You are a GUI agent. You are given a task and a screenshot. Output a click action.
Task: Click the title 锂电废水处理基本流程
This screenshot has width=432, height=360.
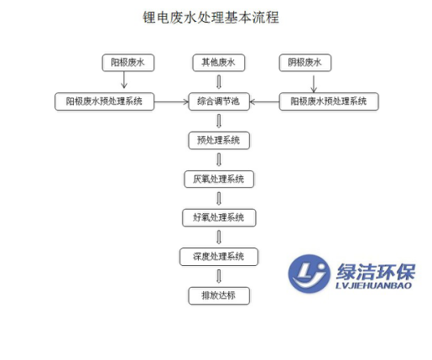point(211,18)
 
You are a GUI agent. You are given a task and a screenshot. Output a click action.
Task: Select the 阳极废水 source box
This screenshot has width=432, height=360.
point(128,63)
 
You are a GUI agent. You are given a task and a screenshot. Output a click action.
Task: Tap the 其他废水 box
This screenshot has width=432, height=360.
point(219,63)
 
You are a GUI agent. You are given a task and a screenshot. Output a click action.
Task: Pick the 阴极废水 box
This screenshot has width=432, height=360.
point(305,63)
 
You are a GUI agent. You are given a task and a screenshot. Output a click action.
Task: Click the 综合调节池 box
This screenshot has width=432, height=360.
point(219,102)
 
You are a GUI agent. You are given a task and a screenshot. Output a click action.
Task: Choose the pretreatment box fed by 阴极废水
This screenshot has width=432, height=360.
point(329,102)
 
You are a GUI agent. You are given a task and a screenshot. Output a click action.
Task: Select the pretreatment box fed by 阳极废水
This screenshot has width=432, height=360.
point(104,102)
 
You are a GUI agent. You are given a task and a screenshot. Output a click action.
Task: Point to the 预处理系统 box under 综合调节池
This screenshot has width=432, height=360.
point(219,140)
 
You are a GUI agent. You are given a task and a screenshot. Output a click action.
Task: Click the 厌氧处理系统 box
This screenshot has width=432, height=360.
point(219,179)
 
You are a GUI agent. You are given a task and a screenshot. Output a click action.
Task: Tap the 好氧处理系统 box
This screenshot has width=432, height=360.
point(219,217)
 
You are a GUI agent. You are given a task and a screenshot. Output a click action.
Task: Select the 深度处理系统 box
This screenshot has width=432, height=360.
point(219,257)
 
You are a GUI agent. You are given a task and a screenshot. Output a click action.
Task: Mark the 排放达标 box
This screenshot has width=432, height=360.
point(219,295)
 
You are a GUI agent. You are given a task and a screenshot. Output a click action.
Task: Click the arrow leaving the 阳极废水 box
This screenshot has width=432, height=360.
point(124,80)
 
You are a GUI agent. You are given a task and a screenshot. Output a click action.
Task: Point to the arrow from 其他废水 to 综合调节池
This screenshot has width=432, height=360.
point(219,81)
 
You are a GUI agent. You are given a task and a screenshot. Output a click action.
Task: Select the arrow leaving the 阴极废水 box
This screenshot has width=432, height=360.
point(314,84)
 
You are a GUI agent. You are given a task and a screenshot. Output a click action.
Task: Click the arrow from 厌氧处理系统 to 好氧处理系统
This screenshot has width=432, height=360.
point(219,198)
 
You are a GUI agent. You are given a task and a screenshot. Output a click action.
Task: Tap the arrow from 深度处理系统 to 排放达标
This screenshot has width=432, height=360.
point(219,276)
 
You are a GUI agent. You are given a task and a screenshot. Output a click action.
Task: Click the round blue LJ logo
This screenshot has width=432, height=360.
point(309,274)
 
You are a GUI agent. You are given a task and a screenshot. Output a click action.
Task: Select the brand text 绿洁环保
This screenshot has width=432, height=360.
point(376,271)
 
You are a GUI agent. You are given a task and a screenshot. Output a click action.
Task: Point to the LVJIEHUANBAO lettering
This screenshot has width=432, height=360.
point(373,285)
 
